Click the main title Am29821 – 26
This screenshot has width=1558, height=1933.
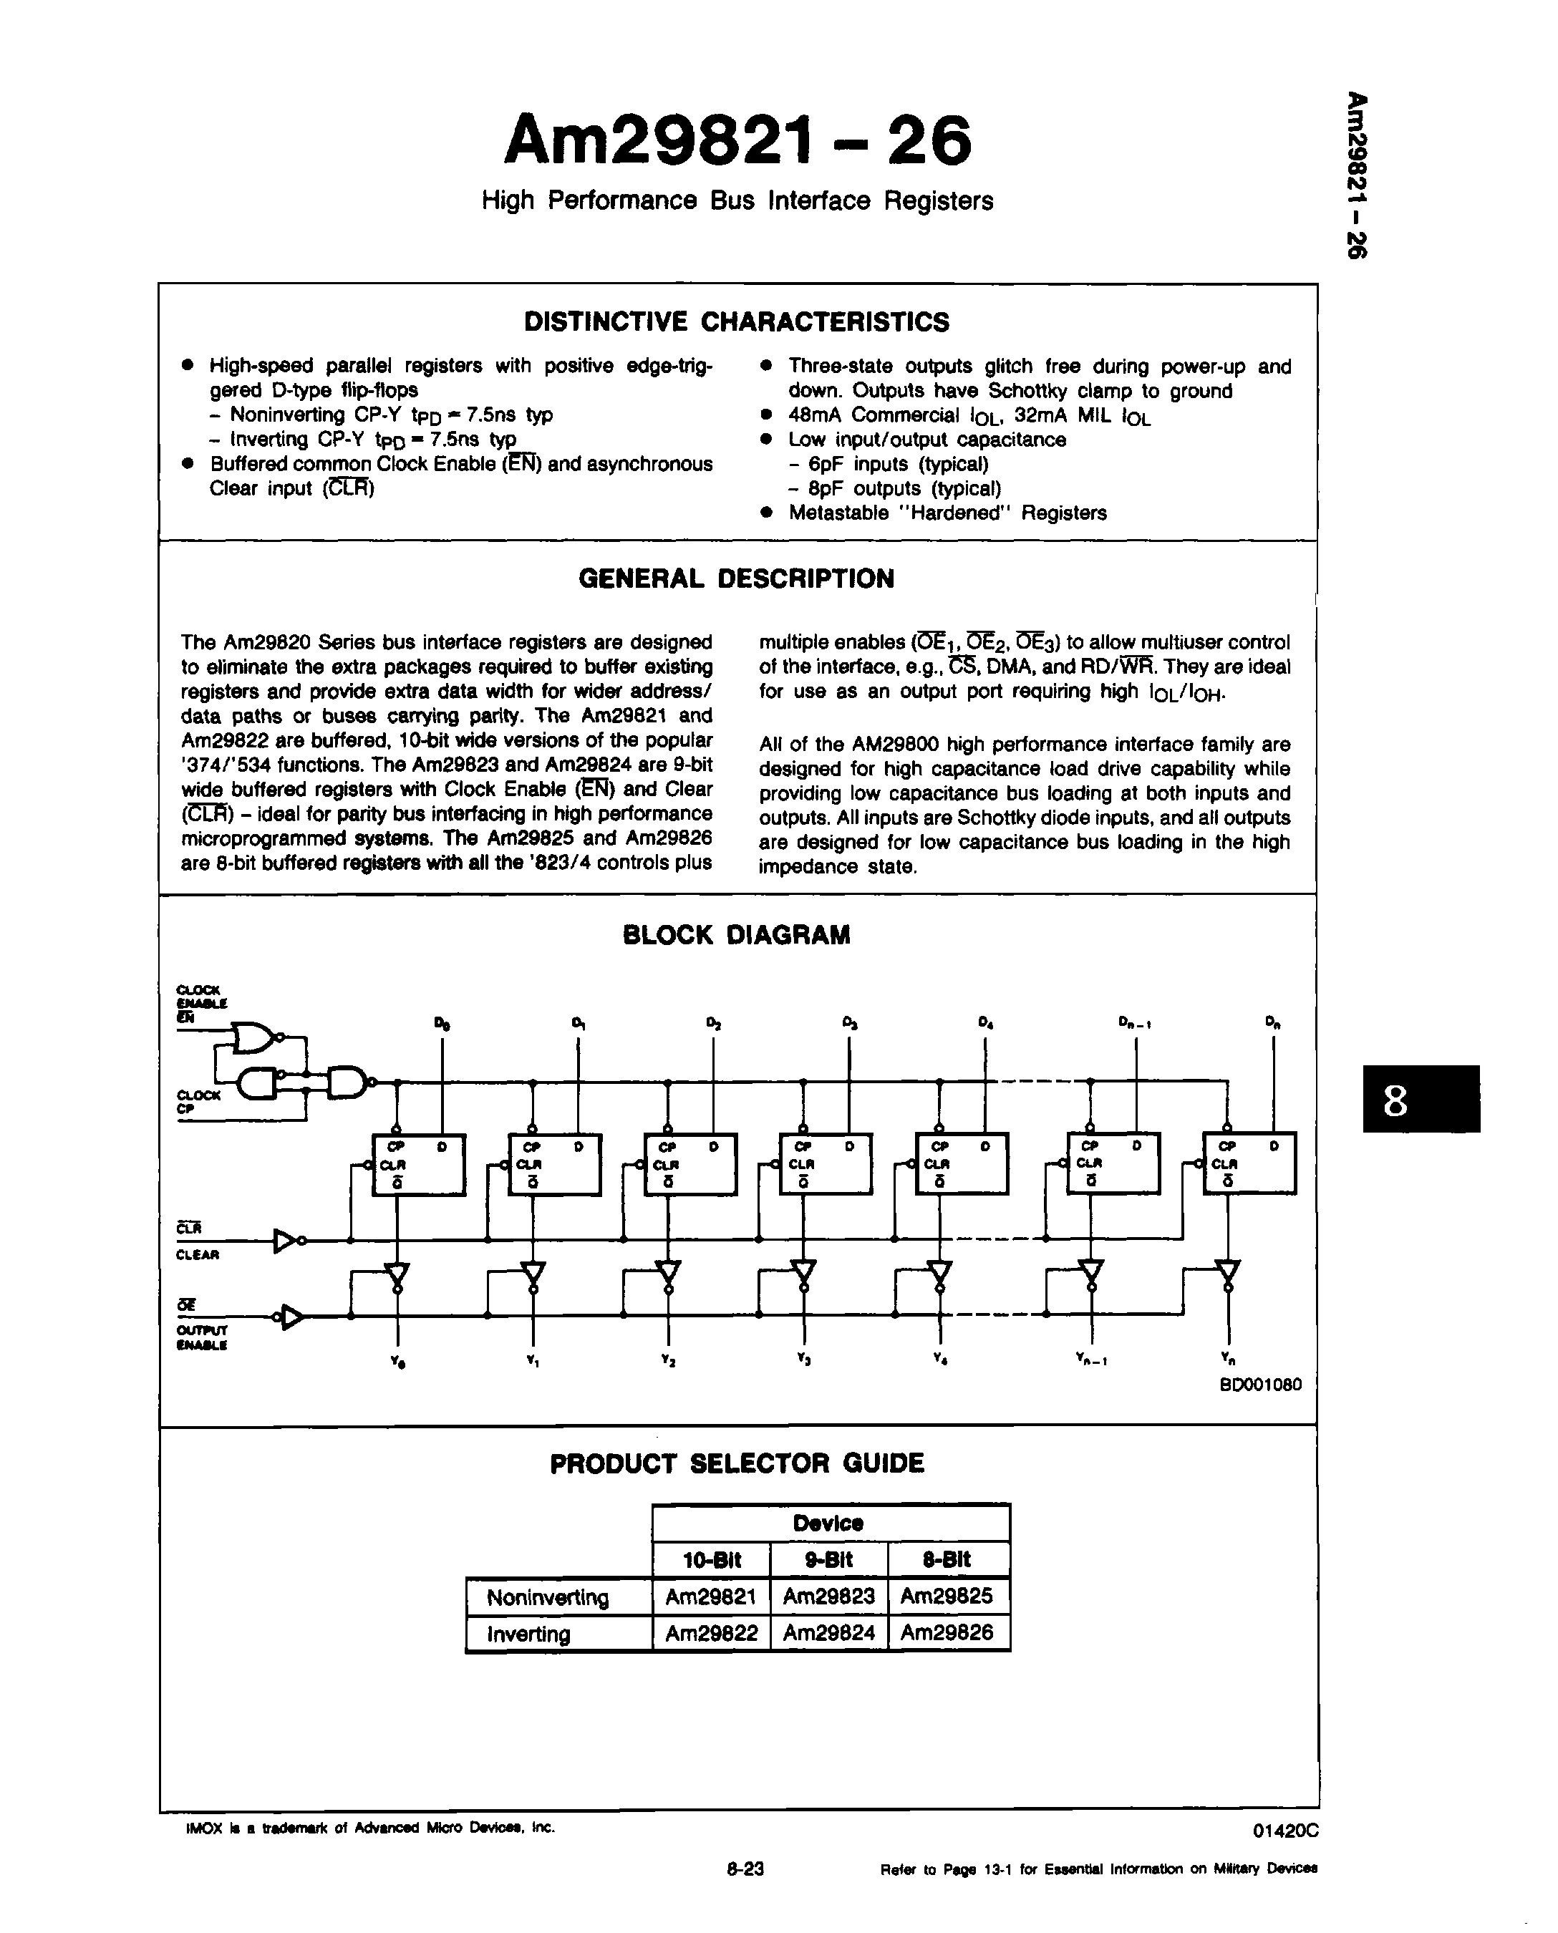737,141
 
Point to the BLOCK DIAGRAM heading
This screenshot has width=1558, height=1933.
736,935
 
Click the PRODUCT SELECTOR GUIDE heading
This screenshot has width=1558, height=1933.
736,1463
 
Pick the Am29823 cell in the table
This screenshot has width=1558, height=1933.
828,1596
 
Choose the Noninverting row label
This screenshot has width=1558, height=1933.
548,1597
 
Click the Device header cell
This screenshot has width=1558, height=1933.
828,1523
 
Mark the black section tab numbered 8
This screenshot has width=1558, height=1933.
1421,1098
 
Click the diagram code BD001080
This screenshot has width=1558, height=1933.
1260,1385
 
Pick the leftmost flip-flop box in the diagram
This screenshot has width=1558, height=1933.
419,1164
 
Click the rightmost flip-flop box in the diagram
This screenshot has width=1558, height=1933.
1249,1163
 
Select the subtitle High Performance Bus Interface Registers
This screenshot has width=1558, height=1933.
737,200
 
